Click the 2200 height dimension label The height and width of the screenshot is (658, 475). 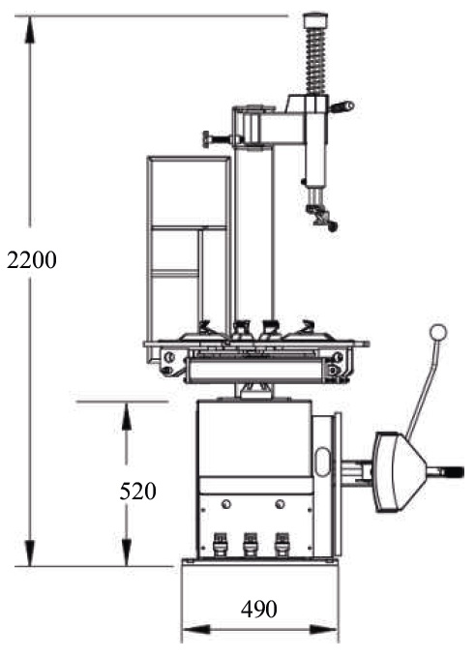tap(32, 260)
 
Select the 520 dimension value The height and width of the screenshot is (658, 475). tap(137, 491)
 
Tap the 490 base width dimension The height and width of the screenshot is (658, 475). tap(259, 609)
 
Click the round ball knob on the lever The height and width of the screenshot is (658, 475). tap(438, 332)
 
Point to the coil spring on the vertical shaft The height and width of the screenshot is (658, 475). tap(315, 60)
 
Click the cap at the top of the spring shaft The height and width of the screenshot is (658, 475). tap(315, 20)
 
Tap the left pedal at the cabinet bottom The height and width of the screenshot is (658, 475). tap(221, 545)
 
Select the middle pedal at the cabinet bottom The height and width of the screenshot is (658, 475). tap(251, 545)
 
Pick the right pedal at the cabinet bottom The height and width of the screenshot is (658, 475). tap(282, 545)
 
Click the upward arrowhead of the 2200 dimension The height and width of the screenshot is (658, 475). tap(29, 30)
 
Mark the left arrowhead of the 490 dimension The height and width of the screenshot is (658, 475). tap(196, 630)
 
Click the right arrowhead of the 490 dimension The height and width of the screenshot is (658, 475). tap(323, 630)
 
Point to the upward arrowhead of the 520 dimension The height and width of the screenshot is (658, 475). tap(127, 416)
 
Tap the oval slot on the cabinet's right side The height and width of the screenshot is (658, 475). tap(322, 462)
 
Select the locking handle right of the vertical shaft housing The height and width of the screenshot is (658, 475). tap(342, 106)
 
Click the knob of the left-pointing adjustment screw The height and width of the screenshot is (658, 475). tap(206, 139)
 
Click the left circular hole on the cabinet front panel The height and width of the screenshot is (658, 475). tap(226, 503)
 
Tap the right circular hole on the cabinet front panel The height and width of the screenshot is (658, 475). tap(280, 503)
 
